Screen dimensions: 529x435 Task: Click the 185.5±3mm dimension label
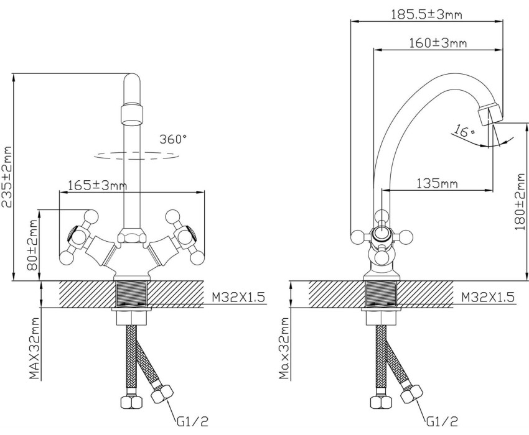426,14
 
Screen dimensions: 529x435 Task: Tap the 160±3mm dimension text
438,43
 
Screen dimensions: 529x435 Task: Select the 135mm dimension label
437,183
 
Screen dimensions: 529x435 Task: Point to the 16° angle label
464,130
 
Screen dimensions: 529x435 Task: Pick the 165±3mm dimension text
98,185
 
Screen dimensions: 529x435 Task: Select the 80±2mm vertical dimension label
33,245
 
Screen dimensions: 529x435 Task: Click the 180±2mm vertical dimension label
520,201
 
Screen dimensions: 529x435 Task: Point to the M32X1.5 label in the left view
238,297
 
